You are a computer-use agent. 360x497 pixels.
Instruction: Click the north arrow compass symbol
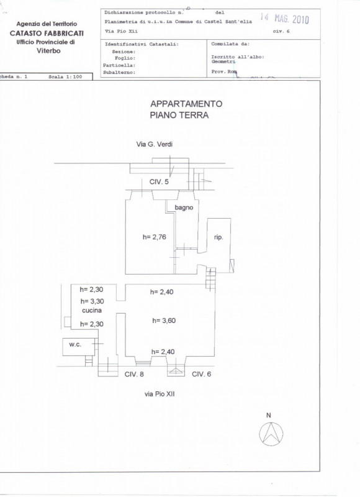tap(271, 434)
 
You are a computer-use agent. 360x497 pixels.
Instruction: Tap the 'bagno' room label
tap(184, 207)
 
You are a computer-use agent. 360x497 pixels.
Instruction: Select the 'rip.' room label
tap(218, 237)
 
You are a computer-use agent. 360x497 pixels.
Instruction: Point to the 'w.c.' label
tap(75, 345)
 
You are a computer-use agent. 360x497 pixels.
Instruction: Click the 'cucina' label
tap(92, 310)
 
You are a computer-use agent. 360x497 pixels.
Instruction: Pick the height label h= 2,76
tap(154, 237)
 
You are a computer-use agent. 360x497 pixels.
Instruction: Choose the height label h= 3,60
tap(164, 321)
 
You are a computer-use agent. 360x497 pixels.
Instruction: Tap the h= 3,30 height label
tap(92, 301)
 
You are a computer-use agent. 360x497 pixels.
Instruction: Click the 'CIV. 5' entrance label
tap(159, 182)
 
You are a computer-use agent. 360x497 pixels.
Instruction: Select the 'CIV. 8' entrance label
tap(134, 374)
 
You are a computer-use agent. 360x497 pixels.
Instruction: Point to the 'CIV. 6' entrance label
tap(201, 374)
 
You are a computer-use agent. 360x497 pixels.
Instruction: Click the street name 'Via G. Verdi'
tap(155, 144)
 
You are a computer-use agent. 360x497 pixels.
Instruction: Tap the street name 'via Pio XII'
tap(160, 394)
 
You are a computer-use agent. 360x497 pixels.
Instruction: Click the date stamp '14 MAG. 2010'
tap(284, 19)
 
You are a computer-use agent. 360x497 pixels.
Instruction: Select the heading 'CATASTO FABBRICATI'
tap(47, 33)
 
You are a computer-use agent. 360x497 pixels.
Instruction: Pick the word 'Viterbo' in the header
tap(48, 51)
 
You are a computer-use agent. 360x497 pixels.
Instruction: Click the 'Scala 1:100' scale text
tap(65, 76)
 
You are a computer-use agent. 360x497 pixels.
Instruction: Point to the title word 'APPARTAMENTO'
tap(186, 104)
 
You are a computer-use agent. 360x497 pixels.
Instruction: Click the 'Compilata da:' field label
tap(230, 44)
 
